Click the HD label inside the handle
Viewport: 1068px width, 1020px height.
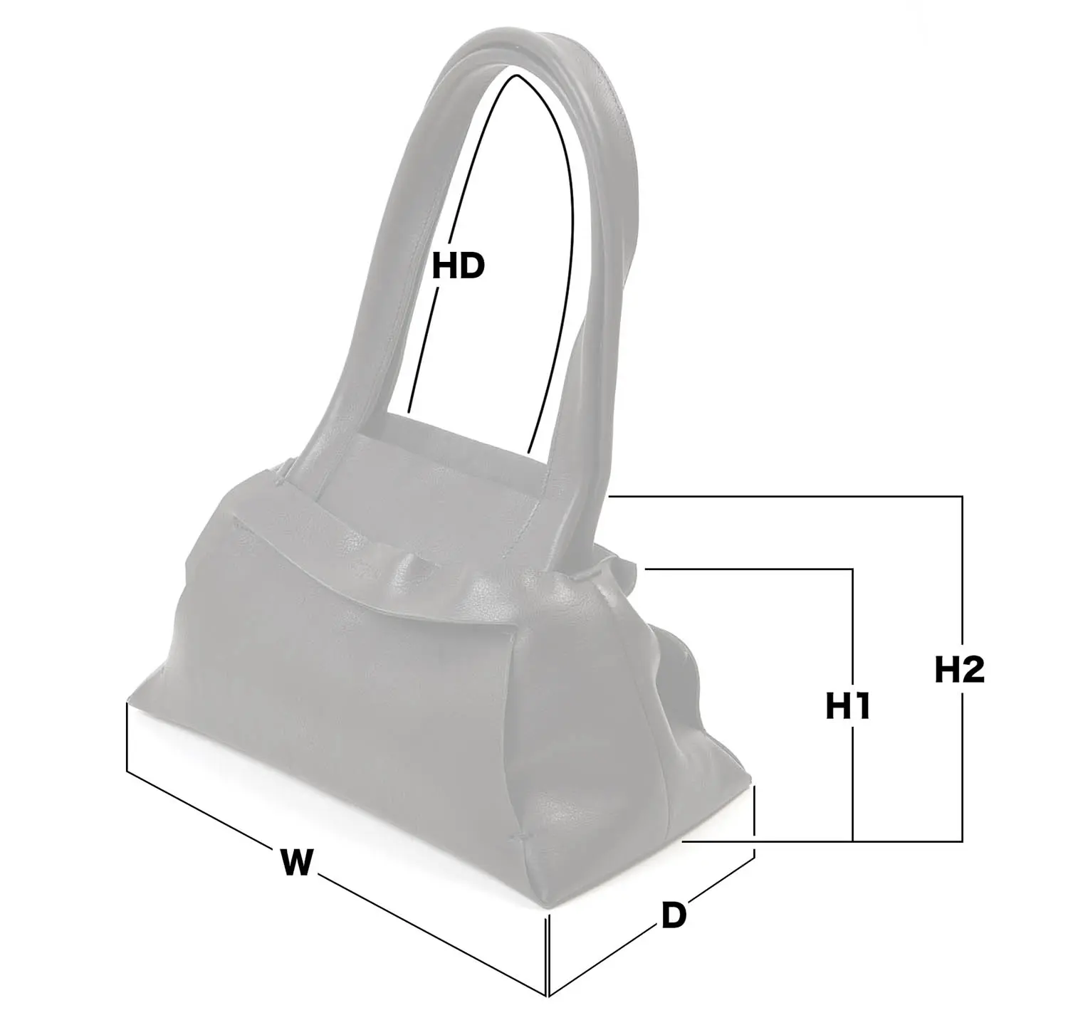pos(459,266)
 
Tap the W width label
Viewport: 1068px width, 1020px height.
pos(296,861)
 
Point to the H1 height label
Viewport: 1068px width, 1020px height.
pos(849,706)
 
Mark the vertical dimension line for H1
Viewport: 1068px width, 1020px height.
pos(852,705)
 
